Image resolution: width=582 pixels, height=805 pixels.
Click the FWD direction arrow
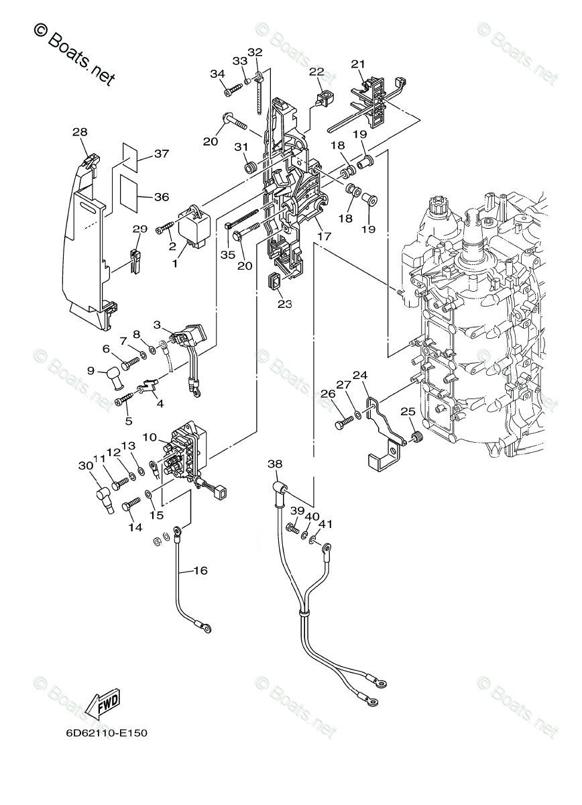(x=103, y=704)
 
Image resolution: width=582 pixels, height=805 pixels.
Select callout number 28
(x=80, y=133)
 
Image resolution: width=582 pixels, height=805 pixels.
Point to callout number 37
(x=161, y=154)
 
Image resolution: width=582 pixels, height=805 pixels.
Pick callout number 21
(x=359, y=64)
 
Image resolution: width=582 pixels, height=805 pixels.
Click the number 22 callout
(x=316, y=72)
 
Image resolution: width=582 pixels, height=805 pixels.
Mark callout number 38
(x=275, y=464)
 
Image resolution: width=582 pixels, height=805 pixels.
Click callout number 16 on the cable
(x=200, y=571)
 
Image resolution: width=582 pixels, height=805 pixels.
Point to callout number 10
(x=149, y=437)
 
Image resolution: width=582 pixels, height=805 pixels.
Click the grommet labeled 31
(x=248, y=165)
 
